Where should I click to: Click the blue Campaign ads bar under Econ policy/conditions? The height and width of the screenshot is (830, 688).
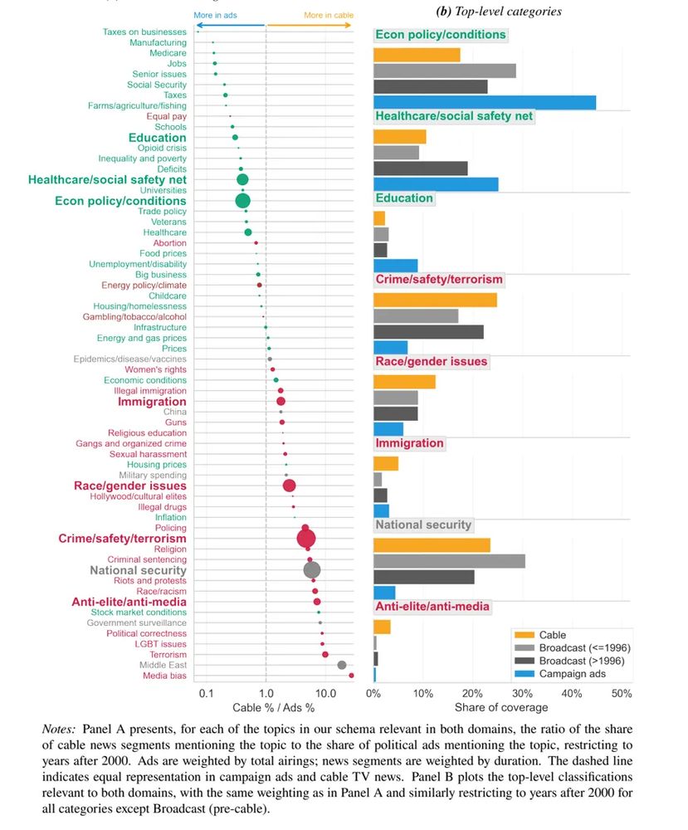click(484, 102)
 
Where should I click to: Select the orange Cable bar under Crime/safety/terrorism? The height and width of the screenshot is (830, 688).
click(435, 300)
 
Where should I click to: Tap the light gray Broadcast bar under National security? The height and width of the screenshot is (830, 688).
click(449, 561)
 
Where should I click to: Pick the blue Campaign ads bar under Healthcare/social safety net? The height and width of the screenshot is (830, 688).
click(436, 184)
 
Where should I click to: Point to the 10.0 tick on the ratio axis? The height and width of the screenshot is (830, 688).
click(325, 692)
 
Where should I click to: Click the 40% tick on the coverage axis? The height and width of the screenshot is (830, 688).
click(571, 692)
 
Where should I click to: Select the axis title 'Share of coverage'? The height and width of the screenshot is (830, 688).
click(500, 707)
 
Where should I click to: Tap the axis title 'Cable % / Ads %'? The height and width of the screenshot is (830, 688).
click(261, 707)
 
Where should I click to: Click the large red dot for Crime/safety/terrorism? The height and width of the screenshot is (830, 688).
click(306, 539)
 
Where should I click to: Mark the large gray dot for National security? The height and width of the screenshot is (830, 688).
click(312, 570)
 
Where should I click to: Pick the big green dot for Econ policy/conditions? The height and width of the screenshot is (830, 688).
click(242, 201)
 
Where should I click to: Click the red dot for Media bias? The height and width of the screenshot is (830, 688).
click(351, 676)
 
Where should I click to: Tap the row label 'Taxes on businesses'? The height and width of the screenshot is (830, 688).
click(144, 32)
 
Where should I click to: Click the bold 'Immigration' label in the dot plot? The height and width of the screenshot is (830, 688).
click(152, 402)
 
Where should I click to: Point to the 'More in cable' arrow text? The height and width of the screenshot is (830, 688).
click(327, 15)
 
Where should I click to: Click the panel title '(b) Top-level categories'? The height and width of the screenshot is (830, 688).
click(498, 12)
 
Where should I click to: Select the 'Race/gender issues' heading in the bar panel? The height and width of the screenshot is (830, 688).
click(432, 362)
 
